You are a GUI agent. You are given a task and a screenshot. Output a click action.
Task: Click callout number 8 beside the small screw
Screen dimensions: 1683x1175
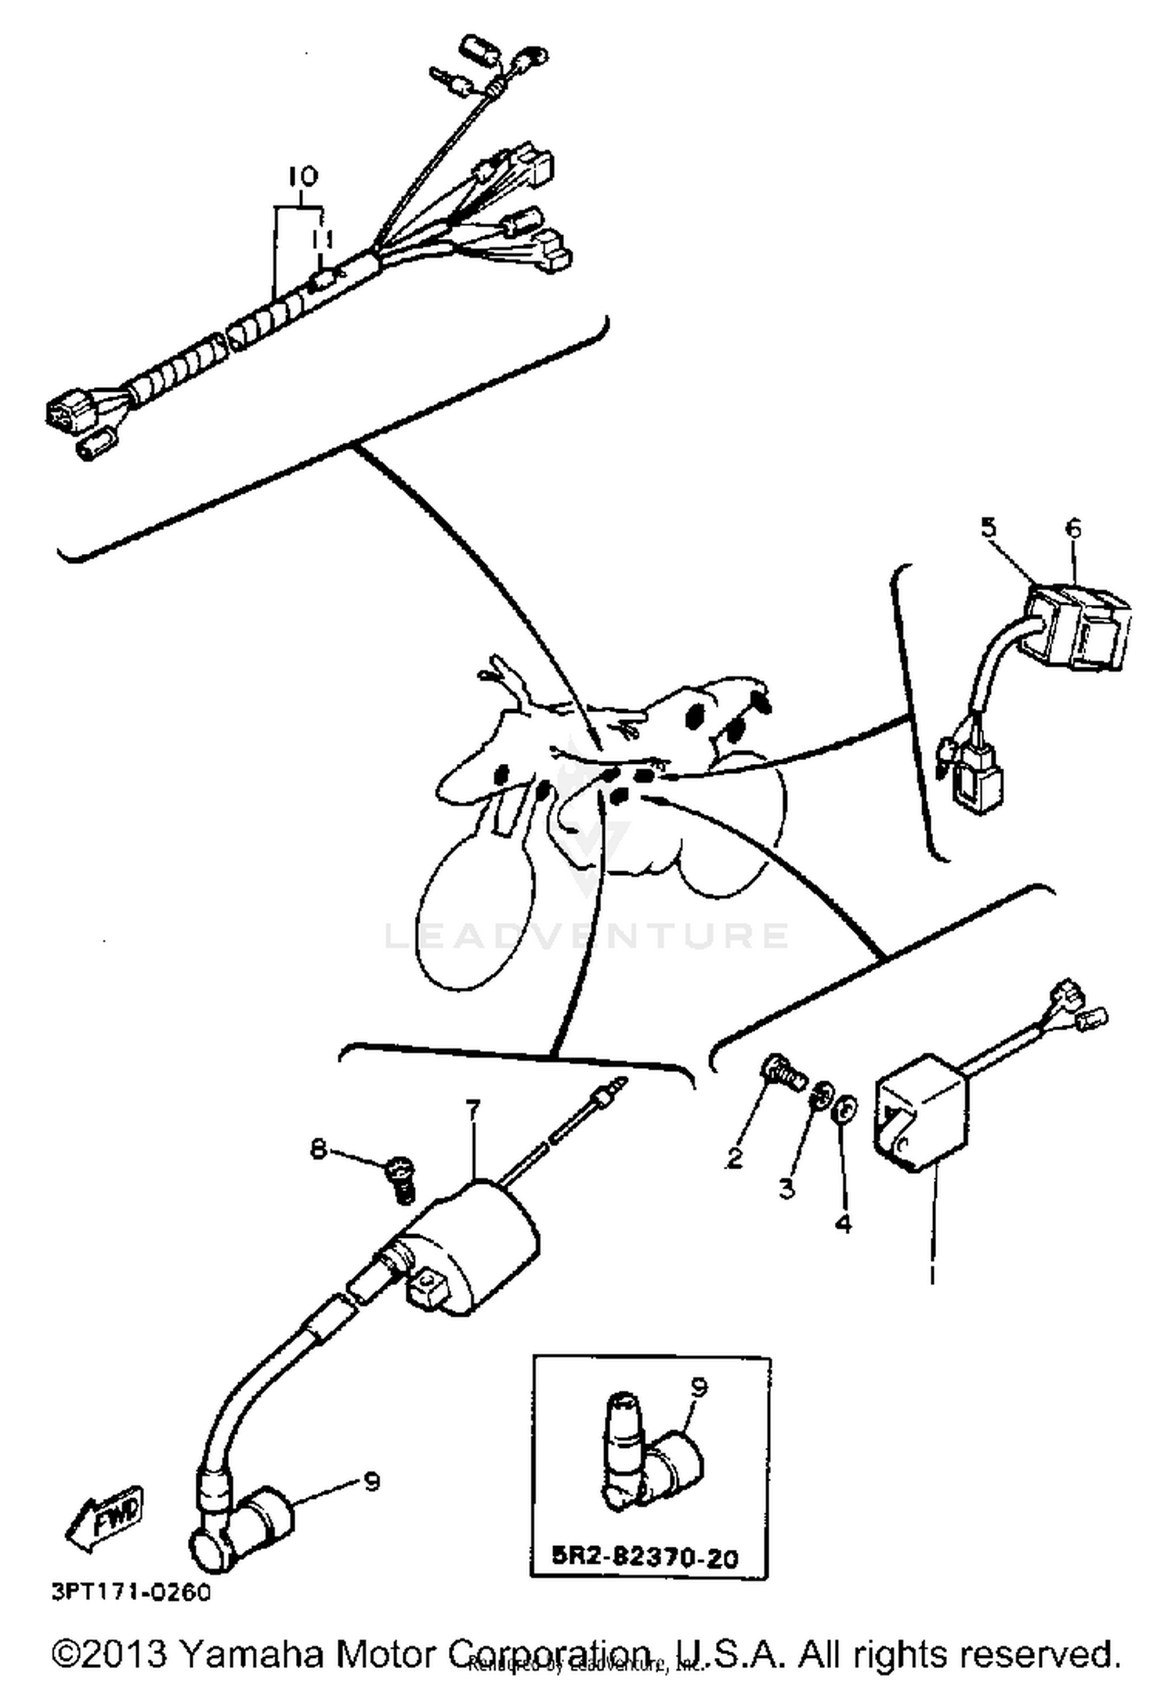pos(317,1149)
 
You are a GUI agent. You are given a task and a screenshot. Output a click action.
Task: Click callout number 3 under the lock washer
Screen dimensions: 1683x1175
pos(786,1188)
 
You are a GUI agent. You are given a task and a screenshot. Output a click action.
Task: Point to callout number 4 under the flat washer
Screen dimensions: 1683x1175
pos(843,1222)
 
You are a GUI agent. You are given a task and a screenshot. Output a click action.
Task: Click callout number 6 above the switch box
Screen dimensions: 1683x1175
pos(1072,528)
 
